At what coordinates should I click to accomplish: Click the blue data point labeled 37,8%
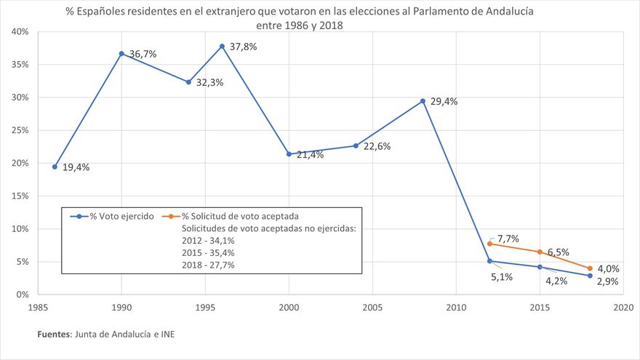[222, 47]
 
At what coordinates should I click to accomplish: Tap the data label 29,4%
[444, 102]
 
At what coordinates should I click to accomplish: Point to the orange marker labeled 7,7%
[489, 244]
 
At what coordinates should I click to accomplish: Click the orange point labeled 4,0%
[590, 268]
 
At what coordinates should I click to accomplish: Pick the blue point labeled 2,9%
[590, 276]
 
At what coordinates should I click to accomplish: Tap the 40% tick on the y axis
[20, 32]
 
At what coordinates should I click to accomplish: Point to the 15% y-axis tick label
[20, 196]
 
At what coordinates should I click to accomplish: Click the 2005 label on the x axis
[372, 308]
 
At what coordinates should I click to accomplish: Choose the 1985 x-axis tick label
[39, 308]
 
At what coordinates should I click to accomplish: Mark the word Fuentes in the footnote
[54, 335]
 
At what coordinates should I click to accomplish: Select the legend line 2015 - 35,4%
[208, 252]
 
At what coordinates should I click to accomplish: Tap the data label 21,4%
[308, 156]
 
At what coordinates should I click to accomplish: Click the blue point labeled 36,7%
[121, 54]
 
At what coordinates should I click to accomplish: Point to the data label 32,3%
[209, 83]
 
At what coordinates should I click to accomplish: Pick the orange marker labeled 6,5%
[540, 252]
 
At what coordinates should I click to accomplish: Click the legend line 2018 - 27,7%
[208, 265]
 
